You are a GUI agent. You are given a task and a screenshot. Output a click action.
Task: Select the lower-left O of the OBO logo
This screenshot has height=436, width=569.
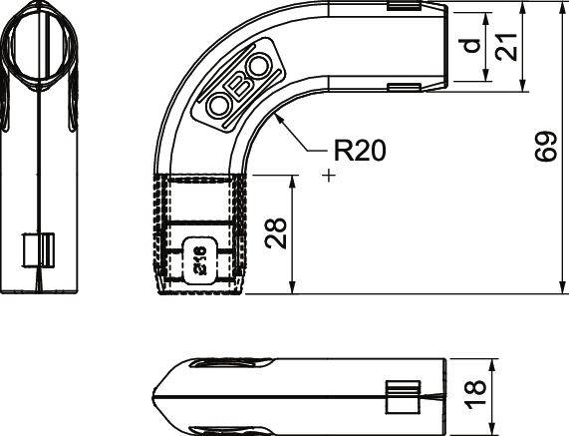coord(219,105)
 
